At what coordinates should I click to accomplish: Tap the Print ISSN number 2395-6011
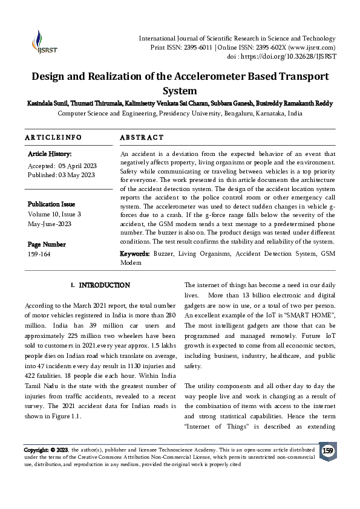tap(197, 47)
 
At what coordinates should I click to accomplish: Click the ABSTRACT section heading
tap(142, 138)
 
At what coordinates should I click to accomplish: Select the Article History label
tap(50, 155)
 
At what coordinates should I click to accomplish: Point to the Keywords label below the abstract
tap(135, 254)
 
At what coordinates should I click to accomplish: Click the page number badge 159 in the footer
tap(327, 451)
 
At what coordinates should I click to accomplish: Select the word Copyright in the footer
tap(36, 450)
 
